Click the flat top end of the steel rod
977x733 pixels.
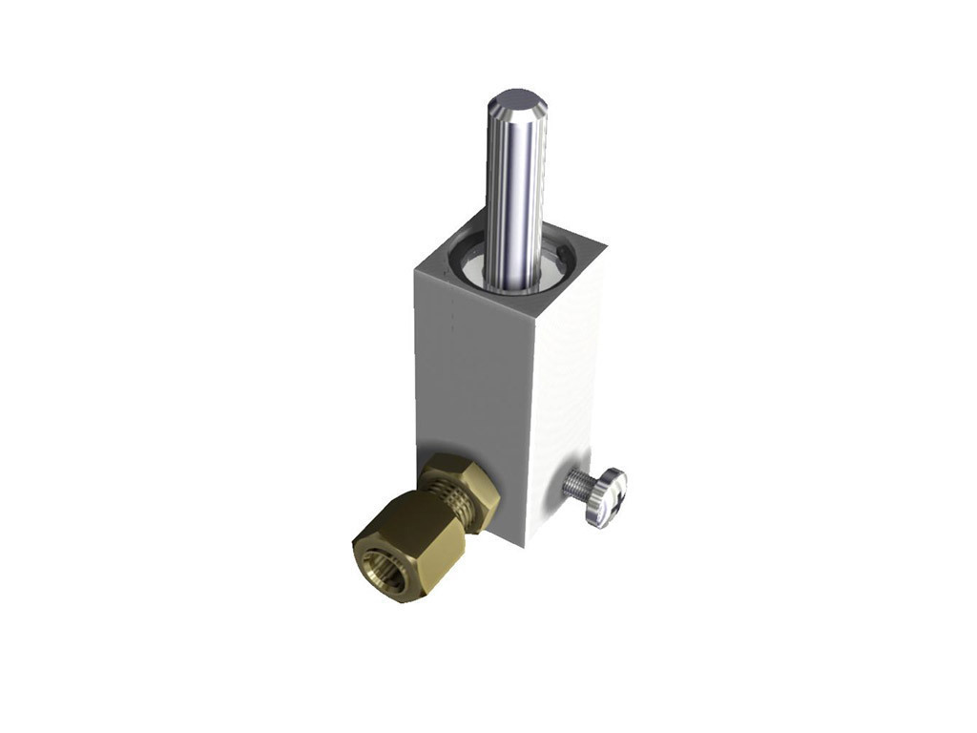[x=516, y=99]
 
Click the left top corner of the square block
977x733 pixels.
[x=416, y=270]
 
